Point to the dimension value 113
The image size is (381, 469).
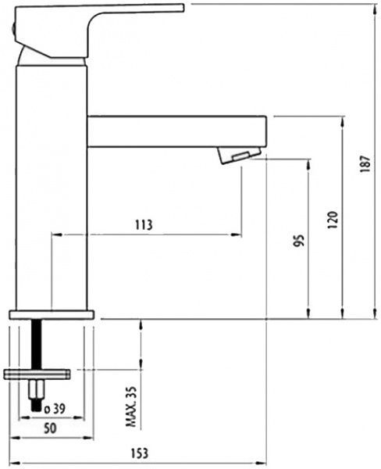(143, 225)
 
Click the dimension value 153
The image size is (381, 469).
(140, 453)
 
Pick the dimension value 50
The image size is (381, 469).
(49, 430)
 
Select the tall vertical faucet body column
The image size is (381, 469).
(51, 188)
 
